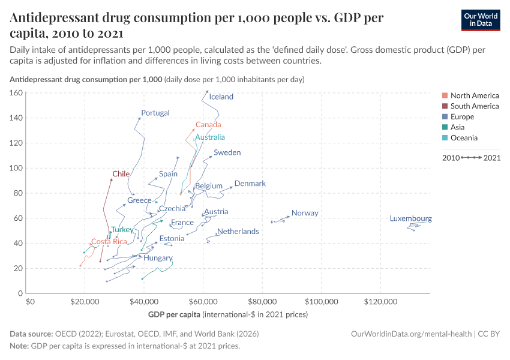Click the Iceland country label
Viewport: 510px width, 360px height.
click(221, 97)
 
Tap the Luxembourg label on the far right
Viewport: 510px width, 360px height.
click(410, 219)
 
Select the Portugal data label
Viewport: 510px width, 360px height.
click(155, 113)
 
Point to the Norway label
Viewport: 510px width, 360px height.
click(305, 213)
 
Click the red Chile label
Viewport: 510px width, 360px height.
click(121, 174)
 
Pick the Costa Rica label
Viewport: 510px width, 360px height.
click(109, 242)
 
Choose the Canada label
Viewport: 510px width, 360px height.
click(208, 125)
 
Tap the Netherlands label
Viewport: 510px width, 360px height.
click(238, 232)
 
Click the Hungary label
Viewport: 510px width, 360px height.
click(158, 258)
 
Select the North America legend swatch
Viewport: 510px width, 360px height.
click(444, 95)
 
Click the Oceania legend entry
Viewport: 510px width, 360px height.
click(464, 138)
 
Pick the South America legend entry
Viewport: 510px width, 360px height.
click(474, 106)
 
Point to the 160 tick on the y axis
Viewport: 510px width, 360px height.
click(16, 93)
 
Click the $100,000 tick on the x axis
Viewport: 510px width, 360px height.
click(322, 301)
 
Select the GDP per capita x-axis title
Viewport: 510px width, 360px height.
click(174, 314)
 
